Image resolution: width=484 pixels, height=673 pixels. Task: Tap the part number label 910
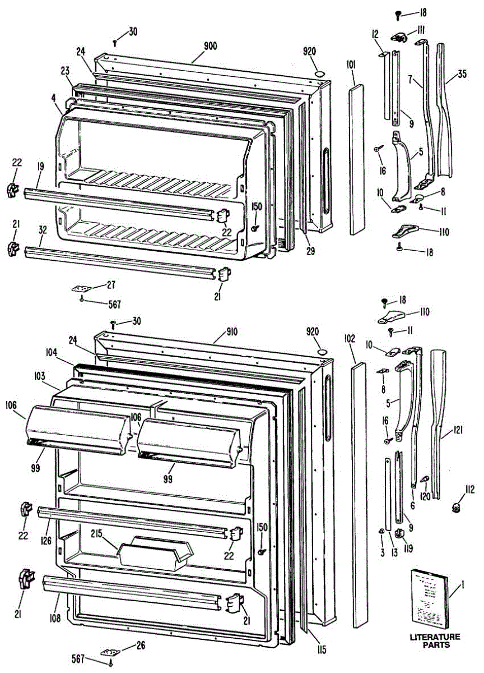(231, 331)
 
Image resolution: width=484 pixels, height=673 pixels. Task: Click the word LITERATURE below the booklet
(435, 637)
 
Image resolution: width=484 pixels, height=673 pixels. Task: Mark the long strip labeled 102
(359, 494)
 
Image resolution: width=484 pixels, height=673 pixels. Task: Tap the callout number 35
(462, 73)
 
